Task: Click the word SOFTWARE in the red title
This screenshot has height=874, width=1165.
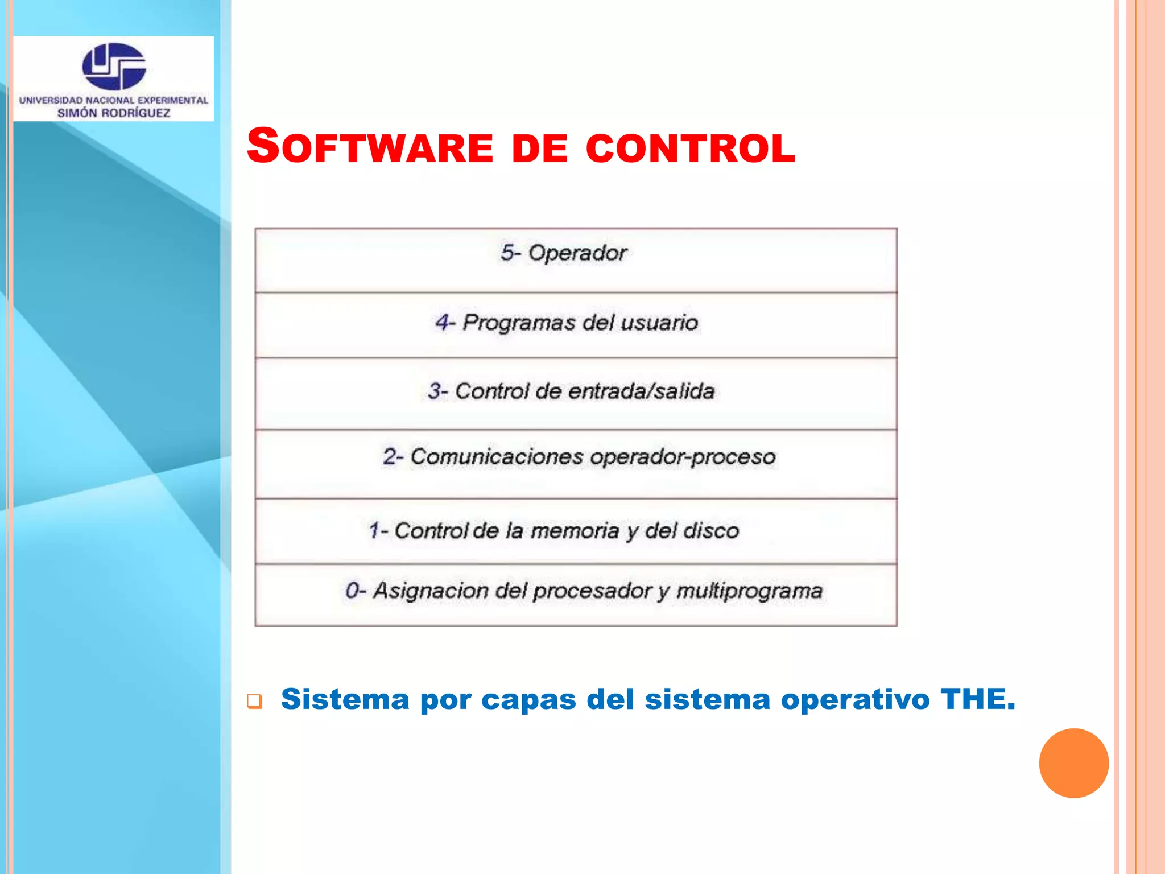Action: click(370, 147)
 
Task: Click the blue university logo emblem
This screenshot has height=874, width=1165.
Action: click(114, 67)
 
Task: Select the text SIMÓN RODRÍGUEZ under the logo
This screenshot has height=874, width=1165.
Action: click(114, 113)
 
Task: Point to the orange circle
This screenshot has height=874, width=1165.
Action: click(1073, 763)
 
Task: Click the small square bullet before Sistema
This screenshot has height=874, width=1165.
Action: click(255, 702)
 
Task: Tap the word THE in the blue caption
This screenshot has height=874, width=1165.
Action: click(977, 699)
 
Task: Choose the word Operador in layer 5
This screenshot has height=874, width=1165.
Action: click(577, 253)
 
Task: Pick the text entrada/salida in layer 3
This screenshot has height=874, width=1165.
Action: click(641, 391)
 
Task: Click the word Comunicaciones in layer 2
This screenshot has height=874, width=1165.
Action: click(497, 456)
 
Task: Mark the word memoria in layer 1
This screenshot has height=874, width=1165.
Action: click(575, 531)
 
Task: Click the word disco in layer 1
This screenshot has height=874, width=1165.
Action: click(711, 531)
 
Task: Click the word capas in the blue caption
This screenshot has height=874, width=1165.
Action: click(528, 700)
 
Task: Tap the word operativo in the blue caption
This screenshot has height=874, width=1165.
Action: click(855, 700)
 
